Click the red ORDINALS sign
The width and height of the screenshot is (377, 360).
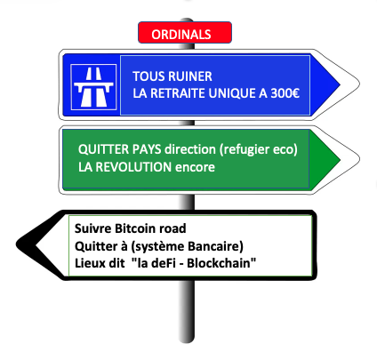point(185,32)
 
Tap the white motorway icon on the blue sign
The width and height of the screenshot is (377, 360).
point(93,87)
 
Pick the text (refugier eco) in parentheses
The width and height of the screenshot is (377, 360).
point(259,149)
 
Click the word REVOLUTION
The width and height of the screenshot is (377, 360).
point(133,167)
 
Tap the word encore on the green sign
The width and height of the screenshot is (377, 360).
point(195,167)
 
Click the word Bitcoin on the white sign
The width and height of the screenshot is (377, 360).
point(135,228)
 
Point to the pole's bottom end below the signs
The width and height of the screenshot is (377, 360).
point(187,341)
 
